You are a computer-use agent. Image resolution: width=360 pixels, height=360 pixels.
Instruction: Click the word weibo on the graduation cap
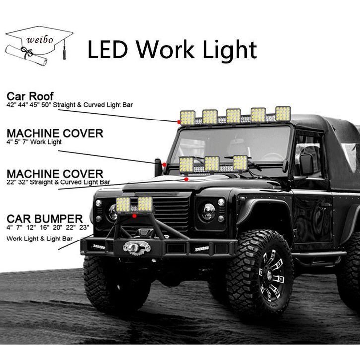(x=40, y=38)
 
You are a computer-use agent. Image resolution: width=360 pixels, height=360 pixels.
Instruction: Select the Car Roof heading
(x=30, y=96)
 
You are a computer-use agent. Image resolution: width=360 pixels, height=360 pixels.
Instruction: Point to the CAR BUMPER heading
(x=45, y=219)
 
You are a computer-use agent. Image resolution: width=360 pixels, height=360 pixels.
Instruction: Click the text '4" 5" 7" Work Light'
(x=34, y=142)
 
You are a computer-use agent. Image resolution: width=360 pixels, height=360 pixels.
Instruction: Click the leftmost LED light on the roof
(x=187, y=118)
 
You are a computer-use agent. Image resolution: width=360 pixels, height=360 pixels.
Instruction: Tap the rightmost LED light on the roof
(x=283, y=114)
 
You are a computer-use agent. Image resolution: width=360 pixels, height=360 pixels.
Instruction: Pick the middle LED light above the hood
(x=212, y=163)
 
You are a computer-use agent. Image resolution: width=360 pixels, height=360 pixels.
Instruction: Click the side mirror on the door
(x=306, y=164)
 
